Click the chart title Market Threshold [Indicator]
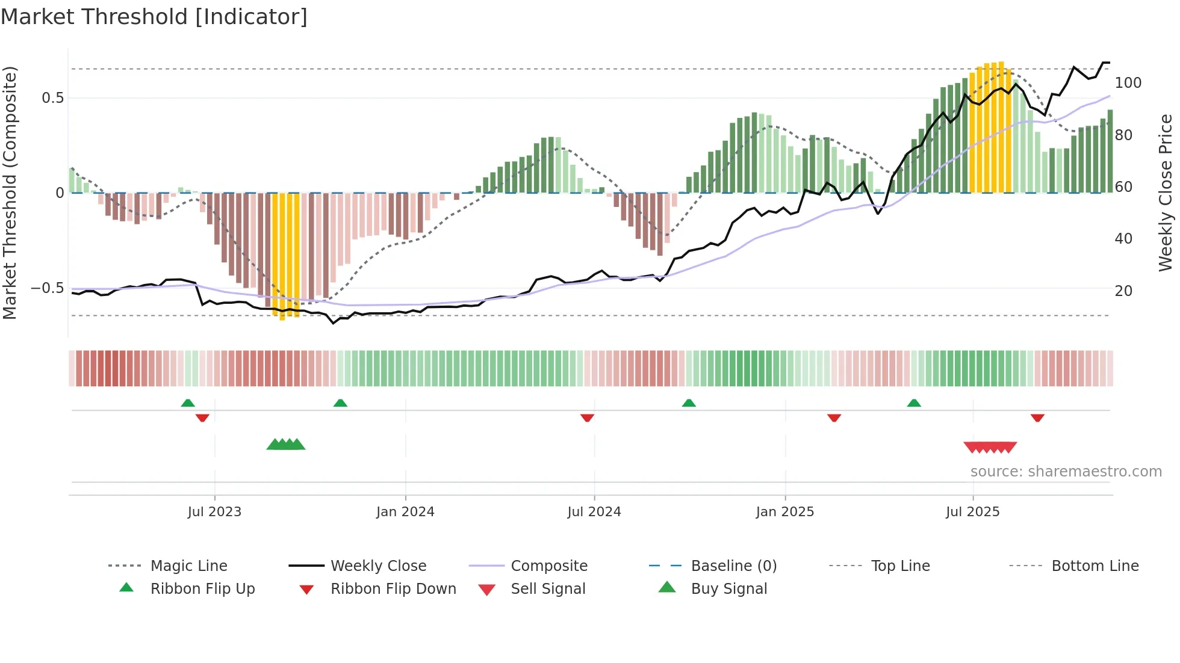(x=154, y=17)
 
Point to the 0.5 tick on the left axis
(x=52, y=98)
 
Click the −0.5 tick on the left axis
(x=48, y=288)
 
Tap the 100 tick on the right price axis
(x=1128, y=83)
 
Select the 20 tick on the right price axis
(x=1123, y=291)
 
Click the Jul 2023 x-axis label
(x=214, y=512)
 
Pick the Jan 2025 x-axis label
(x=784, y=512)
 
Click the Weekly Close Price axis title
(x=1166, y=193)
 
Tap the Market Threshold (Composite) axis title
(x=10, y=193)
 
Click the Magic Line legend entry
(x=188, y=566)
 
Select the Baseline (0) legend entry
(x=733, y=566)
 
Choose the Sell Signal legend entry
(x=547, y=589)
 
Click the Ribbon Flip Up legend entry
(x=202, y=589)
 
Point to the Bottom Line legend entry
(x=1095, y=566)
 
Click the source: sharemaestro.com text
(x=1066, y=472)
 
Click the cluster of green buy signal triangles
(x=286, y=445)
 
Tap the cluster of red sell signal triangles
(x=990, y=447)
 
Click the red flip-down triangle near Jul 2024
(x=587, y=418)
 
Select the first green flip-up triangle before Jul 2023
(x=188, y=403)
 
